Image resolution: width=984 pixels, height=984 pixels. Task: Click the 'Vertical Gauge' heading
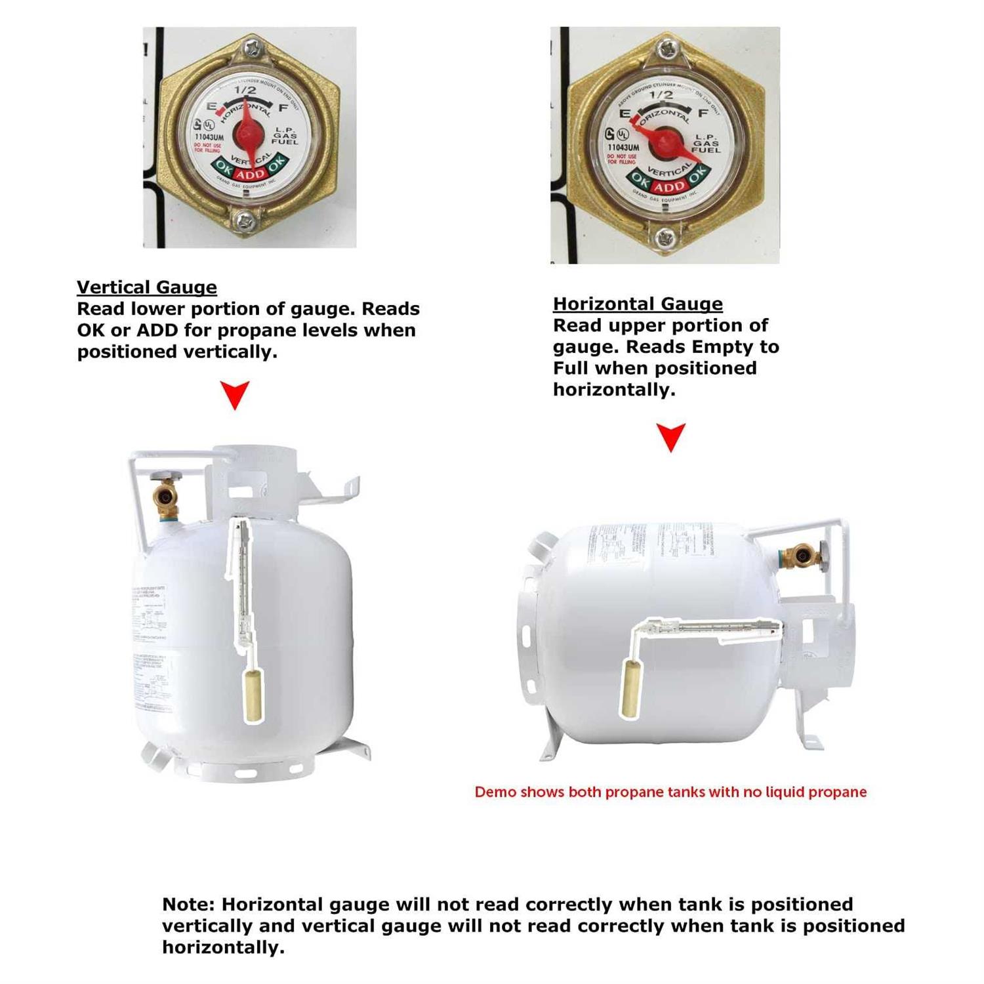[x=146, y=287]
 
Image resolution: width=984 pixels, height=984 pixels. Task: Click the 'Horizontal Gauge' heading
[x=638, y=304]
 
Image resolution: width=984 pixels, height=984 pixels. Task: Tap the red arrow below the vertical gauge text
[x=234, y=394]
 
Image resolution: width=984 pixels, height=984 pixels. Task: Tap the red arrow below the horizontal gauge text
[x=670, y=436]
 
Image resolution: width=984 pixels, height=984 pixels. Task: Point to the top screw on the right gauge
[x=667, y=49]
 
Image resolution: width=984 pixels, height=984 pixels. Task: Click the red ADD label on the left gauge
[x=250, y=174]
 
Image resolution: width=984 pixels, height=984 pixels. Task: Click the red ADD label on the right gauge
[x=668, y=187]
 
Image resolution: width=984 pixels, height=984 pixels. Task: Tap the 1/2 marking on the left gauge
[x=245, y=90]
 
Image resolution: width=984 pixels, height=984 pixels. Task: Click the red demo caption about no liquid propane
[x=670, y=792]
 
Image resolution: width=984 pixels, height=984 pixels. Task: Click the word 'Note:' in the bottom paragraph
[x=188, y=905]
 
